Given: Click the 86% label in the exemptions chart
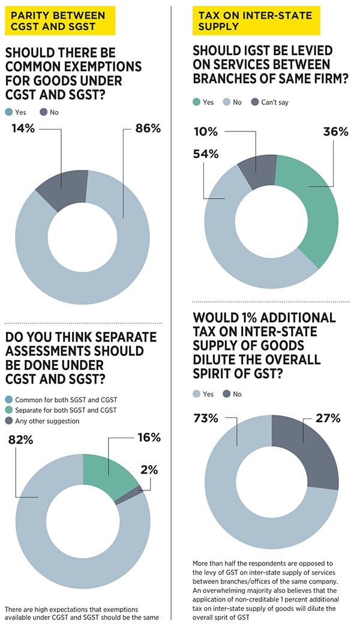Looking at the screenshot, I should click(x=148, y=128).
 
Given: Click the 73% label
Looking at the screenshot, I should click(x=205, y=418).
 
